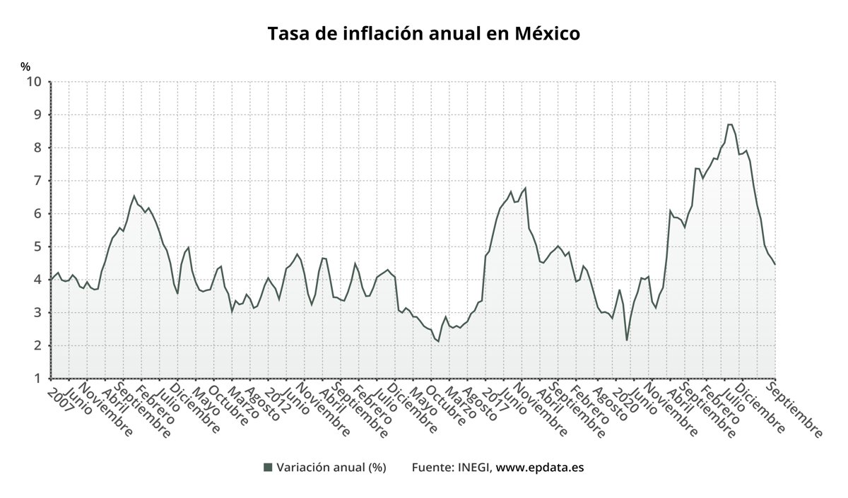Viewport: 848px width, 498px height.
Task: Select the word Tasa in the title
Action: (x=289, y=33)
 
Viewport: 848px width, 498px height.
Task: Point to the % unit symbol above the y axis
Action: (x=25, y=66)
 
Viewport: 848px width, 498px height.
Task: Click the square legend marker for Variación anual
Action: (x=267, y=467)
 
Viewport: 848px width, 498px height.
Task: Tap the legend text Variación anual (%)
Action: (x=331, y=467)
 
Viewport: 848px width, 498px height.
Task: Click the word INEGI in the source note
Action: (x=473, y=467)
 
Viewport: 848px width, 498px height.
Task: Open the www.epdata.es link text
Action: (x=540, y=467)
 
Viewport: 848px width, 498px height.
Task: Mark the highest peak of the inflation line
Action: (x=730, y=124)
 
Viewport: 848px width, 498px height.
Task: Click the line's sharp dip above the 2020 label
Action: (x=627, y=340)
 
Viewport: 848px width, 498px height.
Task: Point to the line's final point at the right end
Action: (x=775, y=264)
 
